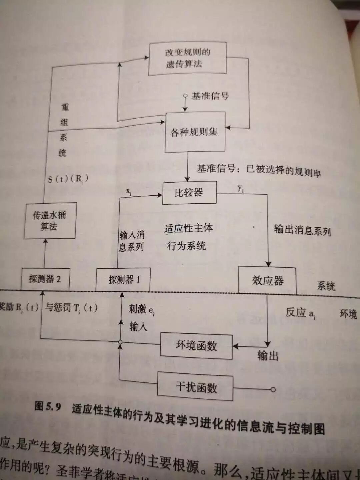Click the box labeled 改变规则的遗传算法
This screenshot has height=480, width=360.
187,58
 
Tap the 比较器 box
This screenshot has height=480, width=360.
189,193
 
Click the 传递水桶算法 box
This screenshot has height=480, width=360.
50,221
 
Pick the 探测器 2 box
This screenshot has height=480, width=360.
45,279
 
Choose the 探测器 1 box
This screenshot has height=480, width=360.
123,280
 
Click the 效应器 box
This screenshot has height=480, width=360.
267,281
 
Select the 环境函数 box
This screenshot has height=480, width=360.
196,346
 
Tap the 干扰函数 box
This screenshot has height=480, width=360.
196,387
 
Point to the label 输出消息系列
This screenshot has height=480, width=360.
302,230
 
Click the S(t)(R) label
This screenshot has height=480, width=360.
68,179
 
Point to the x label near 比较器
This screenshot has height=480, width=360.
129,191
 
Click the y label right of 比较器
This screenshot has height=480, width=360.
240,188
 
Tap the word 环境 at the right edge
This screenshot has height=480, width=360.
348,314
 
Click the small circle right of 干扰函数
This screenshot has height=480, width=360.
273,389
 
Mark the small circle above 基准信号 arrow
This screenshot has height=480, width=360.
185,96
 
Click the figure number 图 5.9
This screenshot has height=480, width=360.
48,406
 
